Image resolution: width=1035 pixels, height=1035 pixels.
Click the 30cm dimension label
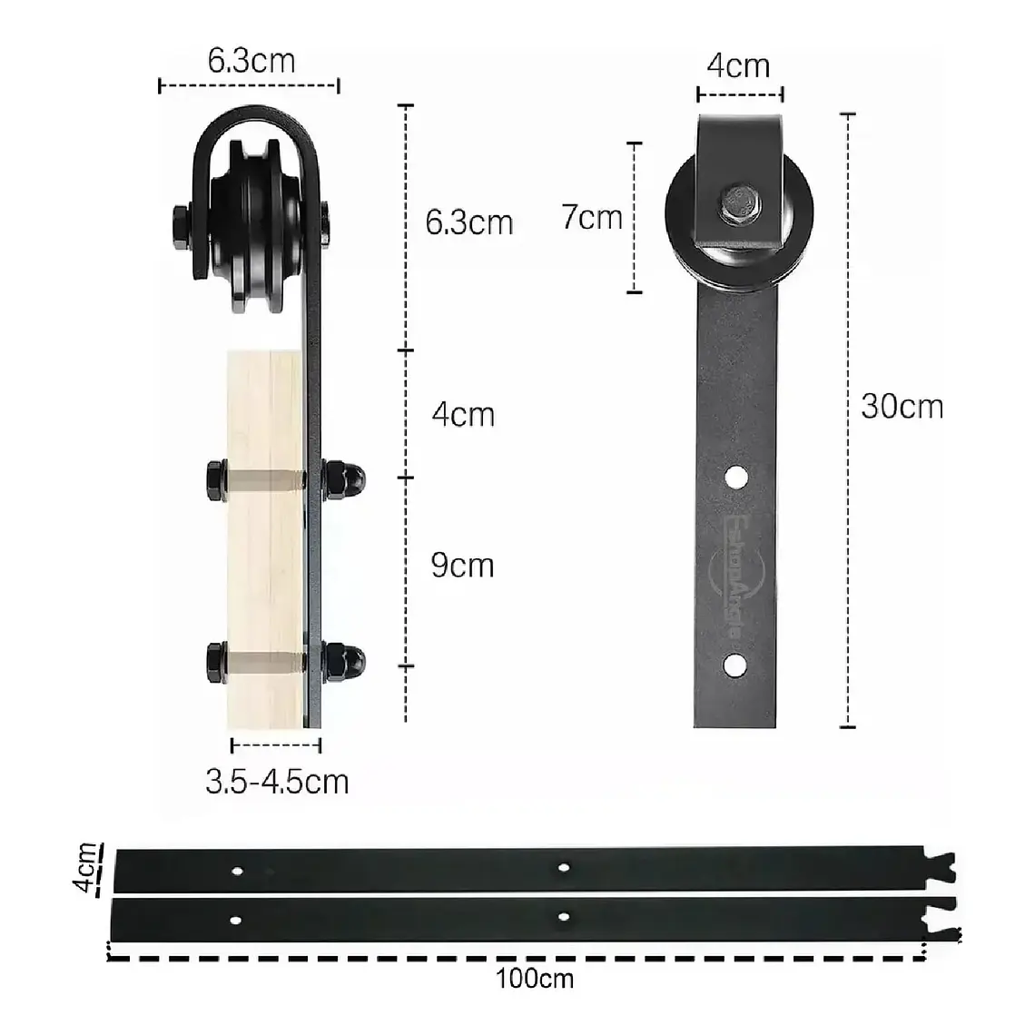point(902,406)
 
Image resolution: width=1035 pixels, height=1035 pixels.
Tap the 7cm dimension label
point(591,218)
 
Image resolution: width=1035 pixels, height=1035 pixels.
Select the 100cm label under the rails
point(535,979)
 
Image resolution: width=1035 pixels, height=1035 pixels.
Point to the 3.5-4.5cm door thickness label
point(277,782)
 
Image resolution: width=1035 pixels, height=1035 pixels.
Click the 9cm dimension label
point(462,566)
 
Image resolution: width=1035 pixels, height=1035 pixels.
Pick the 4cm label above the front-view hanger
point(738,66)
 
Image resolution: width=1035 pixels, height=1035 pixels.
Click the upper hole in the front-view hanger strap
point(736,475)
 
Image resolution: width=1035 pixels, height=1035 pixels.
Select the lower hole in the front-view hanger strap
point(735,665)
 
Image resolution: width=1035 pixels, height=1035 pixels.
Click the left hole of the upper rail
point(237,871)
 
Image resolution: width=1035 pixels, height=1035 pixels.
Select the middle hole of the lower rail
point(564,917)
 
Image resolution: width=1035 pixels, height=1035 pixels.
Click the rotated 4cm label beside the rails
point(87,868)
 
